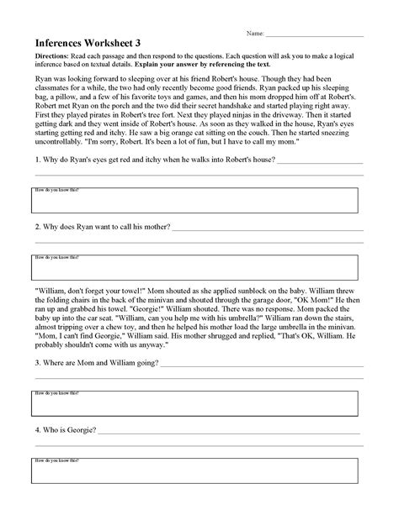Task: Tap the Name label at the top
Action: [255, 34]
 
